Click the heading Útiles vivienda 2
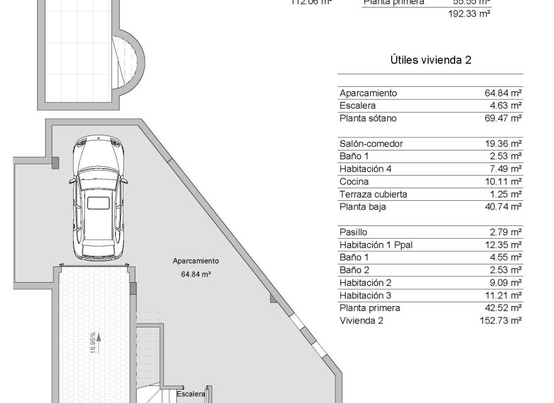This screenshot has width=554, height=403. [x=431, y=60]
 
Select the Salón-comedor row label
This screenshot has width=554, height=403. [x=371, y=144]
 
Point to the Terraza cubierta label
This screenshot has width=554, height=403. [x=373, y=194]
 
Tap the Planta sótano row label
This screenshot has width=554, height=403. [x=368, y=118]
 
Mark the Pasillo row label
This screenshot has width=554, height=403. [x=353, y=232]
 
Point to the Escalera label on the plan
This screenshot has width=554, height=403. [x=191, y=394]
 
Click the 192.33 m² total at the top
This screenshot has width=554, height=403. [x=468, y=13]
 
